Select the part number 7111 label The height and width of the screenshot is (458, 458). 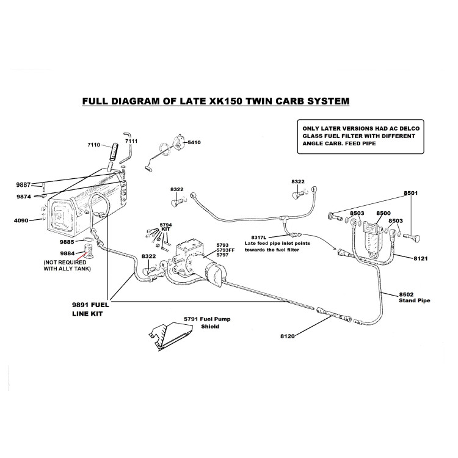pyautogui.click(x=132, y=141)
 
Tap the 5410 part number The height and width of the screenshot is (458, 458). pyautogui.click(x=194, y=142)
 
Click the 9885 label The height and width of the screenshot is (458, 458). pyautogui.click(x=67, y=241)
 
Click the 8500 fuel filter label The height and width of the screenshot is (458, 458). pyautogui.click(x=383, y=213)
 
